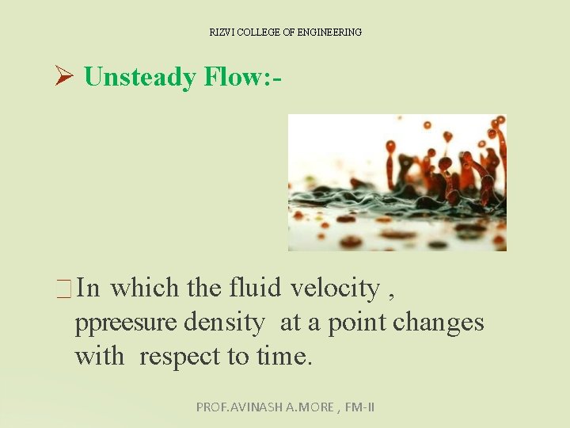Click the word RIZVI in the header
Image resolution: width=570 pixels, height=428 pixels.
point(219,32)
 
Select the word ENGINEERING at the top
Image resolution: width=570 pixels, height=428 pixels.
point(328,32)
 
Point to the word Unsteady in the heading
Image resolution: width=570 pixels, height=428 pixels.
point(140,77)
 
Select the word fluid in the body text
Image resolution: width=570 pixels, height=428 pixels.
point(256,288)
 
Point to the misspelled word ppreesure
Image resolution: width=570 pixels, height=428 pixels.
point(126,323)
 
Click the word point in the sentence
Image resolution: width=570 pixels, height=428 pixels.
point(357,323)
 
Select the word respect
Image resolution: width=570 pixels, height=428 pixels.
point(180,357)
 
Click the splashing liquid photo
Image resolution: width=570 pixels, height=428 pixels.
point(397,182)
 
